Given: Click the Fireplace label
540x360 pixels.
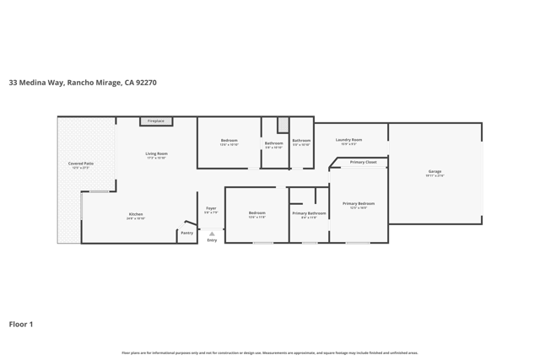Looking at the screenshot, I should [x=156, y=121].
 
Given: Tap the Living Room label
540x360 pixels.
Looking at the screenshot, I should [x=156, y=153].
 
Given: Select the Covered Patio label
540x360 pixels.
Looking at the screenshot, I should [x=81, y=164].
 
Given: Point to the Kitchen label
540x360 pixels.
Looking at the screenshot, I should [x=136, y=214].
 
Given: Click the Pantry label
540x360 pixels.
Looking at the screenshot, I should [x=186, y=233].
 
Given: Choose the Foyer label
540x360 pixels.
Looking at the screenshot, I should [x=211, y=208].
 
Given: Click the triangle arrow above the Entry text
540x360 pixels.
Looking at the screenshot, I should [x=212, y=234].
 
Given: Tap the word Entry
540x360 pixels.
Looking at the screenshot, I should [x=212, y=240].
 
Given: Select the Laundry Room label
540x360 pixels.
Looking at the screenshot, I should [x=348, y=140].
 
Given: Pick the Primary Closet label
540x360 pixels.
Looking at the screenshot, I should [x=364, y=162].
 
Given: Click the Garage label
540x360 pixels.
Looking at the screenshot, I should [x=435, y=171].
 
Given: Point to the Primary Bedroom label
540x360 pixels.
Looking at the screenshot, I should [x=359, y=203].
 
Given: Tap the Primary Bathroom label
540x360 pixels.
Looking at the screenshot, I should [x=309, y=213].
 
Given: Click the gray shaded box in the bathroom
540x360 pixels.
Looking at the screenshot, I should [x=283, y=125].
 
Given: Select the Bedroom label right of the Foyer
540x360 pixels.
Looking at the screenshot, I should [x=256, y=212].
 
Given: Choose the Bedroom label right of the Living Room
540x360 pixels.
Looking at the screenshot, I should [x=229, y=141].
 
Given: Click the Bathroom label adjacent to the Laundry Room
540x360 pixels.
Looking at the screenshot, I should [x=301, y=141].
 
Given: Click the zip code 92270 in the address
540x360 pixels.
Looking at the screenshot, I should [x=144, y=83].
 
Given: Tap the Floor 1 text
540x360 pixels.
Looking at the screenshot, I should [x=21, y=324].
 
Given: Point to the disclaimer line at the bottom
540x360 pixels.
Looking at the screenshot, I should [x=269, y=352].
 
